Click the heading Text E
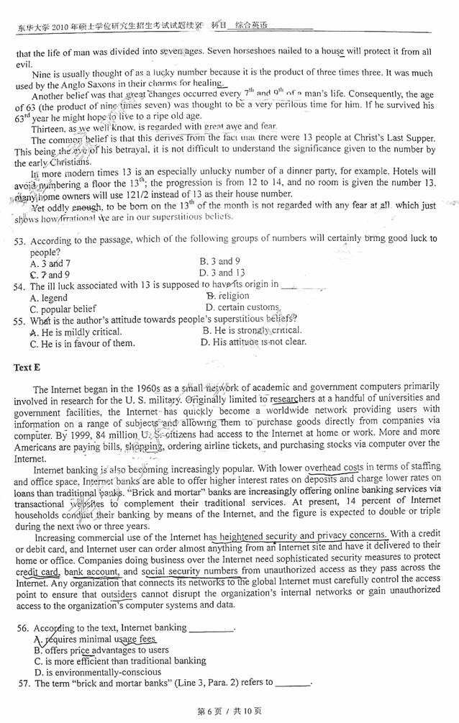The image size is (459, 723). pyautogui.click(x=27, y=368)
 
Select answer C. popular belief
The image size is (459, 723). pyautogui.click(x=63, y=309)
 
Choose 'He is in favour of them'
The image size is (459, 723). pyautogui.click(x=82, y=343)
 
